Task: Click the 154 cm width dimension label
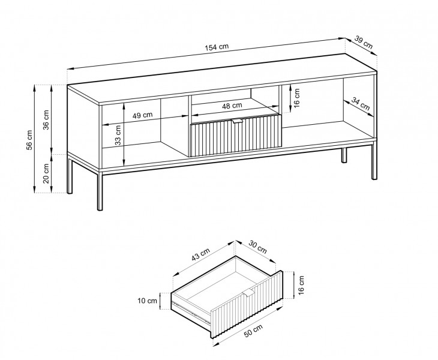click(x=217, y=47)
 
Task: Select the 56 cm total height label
click(x=29, y=139)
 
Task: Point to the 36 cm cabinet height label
click(x=46, y=119)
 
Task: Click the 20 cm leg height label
click(x=46, y=173)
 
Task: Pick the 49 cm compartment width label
click(x=142, y=115)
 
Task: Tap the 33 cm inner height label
click(x=118, y=135)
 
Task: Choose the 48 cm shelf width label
click(x=232, y=106)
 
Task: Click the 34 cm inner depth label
click(x=361, y=103)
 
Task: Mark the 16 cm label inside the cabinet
click(x=296, y=98)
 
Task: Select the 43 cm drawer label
click(x=200, y=254)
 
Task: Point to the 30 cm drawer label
click(x=257, y=247)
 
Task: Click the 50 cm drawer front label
click(x=253, y=331)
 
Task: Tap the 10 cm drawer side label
click(x=147, y=301)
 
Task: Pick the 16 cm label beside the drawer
click(x=301, y=285)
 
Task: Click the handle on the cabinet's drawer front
click(x=237, y=121)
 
